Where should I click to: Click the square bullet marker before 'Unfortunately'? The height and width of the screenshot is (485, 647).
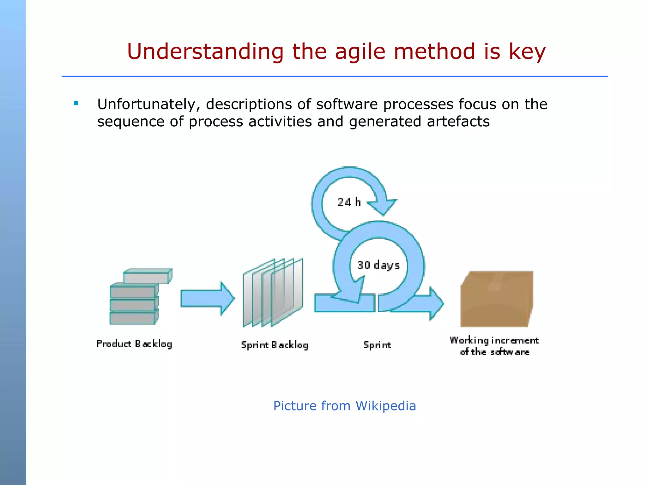tap(76, 103)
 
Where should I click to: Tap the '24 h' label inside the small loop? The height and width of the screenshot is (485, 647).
tap(349, 202)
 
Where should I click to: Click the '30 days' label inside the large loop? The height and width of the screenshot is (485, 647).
tap(378, 265)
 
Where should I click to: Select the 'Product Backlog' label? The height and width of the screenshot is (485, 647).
tap(134, 344)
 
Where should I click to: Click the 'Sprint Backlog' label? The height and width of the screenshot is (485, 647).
tap(275, 345)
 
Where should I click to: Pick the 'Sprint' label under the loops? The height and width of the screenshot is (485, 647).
tap(377, 345)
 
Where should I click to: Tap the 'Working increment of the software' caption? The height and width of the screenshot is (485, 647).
tap(494, 346)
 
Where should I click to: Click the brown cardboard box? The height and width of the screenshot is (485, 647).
tap(496, 299)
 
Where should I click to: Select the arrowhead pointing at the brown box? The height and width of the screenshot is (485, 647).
tap(436, 304)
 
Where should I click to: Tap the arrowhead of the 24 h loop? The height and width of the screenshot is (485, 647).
tap(383, 207)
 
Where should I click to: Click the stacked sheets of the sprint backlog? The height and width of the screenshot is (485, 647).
tap(273, 293)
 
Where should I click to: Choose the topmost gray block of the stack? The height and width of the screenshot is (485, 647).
tap(147, 276)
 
